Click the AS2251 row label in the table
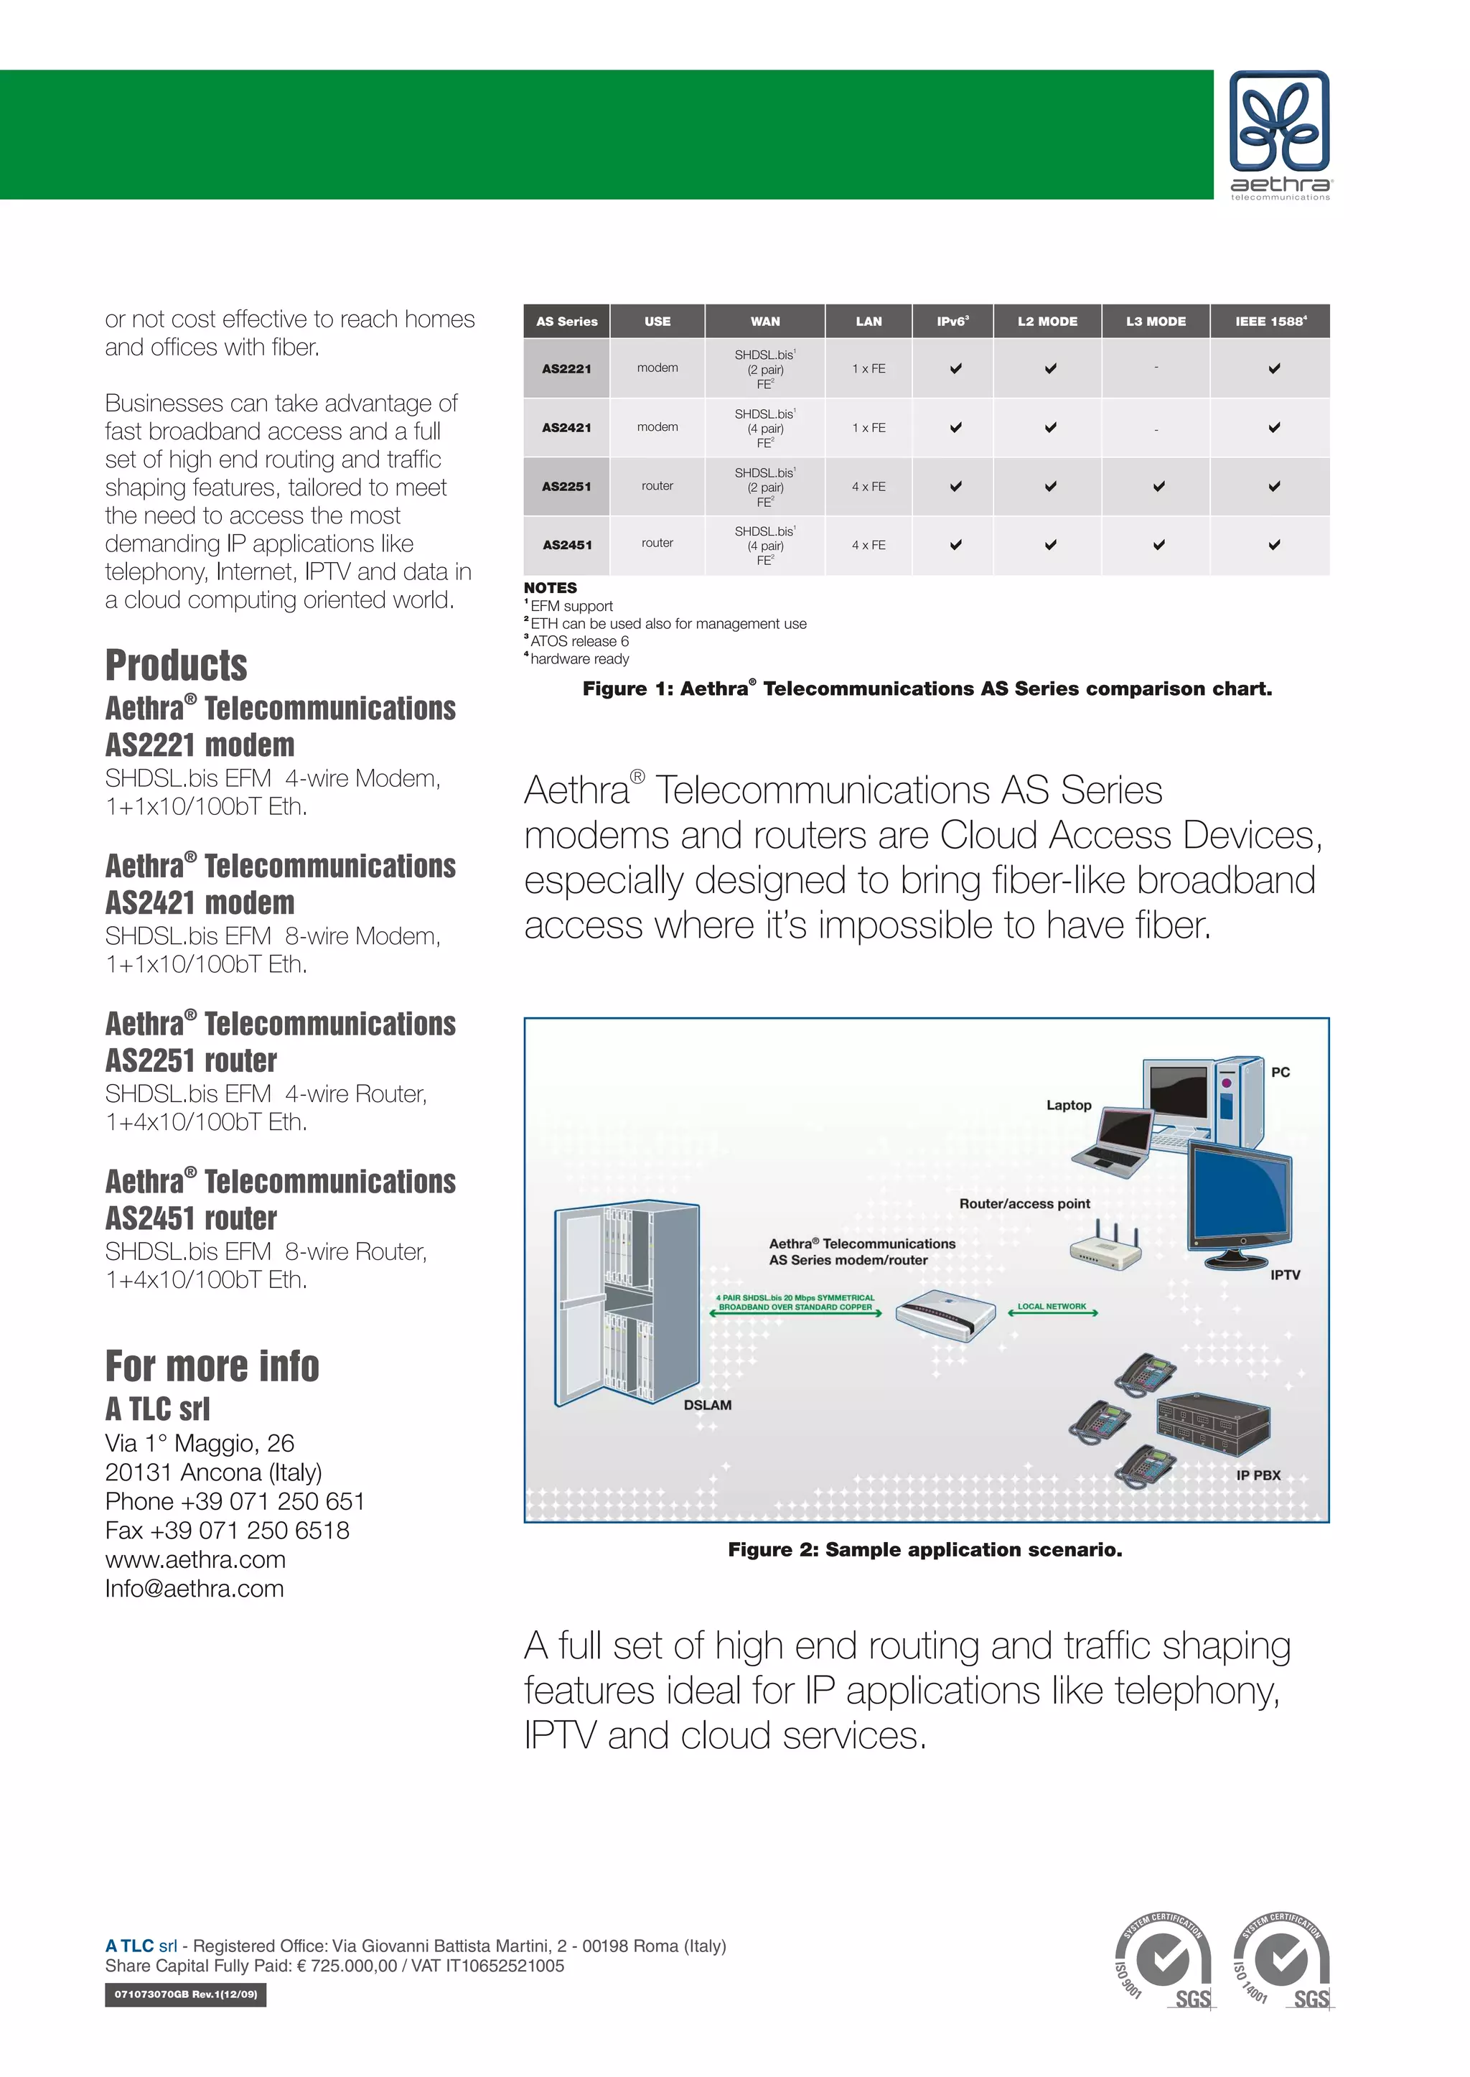(x=566, y=486)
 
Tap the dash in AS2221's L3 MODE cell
(x=1156, y=368)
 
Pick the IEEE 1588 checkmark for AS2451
(x=1273, y=545)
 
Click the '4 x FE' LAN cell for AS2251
(x=868, y=486)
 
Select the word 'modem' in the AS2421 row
(x=657, y=426)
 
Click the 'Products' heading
(x=177, y=666)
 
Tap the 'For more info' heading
(x=212, y=1366)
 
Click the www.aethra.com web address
(x=195, y=1559)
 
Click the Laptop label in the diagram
(x=1068, y=1105)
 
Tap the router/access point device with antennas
(x=1105, y=1249)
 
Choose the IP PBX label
(x=1258, y=1475)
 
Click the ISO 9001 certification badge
(x=1162, y=1961)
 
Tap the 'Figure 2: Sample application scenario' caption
(x=924, y=1550)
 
